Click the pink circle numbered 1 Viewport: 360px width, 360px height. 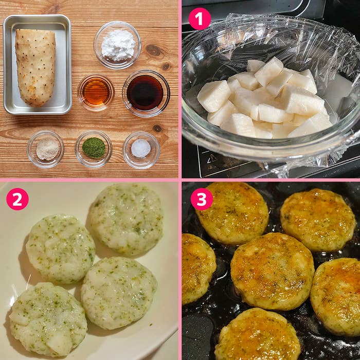pos(200,19)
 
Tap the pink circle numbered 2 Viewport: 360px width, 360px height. pos(17,199)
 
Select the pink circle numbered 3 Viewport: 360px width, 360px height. pos(202,199)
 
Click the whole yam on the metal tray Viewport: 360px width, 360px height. pos(35,67)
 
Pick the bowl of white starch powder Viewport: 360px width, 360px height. pos(117,45)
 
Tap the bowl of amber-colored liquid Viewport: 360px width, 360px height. pos(96,92)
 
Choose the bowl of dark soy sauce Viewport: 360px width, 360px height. pos(146,94)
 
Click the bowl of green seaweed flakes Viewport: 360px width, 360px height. pos(94,149)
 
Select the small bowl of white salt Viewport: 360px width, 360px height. pos(141,150)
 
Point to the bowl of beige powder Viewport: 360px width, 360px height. pos(46,149)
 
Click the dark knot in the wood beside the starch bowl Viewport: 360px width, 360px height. pos(153,50)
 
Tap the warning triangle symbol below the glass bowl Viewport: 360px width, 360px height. pos(212,158)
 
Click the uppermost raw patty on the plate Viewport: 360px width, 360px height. pos(126,220)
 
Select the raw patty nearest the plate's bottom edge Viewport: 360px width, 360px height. pos(48,320)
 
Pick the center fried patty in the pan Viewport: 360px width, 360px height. pos(273,271)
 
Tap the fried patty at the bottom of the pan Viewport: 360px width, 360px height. pos(258,335)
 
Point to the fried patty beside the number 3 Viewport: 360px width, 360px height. pos(232,213)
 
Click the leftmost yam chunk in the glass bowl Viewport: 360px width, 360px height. pos(214,96)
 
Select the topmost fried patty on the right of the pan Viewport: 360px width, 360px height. pos(318,220)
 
